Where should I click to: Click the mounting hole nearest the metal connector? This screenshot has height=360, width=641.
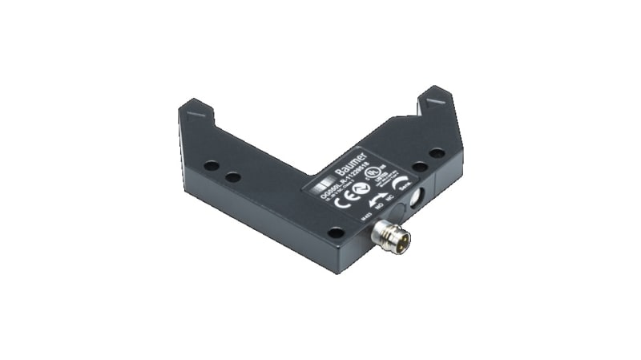tap(336, 233)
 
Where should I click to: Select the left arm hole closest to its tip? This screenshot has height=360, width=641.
tap(211, 166)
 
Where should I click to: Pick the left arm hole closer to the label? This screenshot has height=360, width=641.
tap(232, 176)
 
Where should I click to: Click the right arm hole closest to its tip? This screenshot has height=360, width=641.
tap(437, 153)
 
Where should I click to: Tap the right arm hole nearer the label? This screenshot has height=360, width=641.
tap(419, 166)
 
